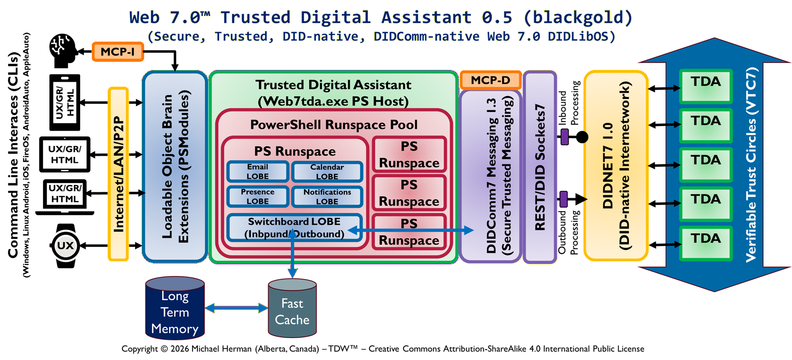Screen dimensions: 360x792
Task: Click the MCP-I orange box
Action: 118,52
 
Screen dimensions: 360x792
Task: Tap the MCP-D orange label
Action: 490,80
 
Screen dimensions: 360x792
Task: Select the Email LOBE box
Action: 257,172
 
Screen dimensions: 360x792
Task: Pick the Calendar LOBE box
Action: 327,172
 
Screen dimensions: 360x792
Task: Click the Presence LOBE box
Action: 257,197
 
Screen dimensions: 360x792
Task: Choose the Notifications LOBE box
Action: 327,197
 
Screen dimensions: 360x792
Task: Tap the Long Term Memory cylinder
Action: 175,309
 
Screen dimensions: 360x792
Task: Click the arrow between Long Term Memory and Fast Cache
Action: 236,308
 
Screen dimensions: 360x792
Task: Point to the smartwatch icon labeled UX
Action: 66,246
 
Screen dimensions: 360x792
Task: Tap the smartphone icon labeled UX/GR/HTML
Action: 65,103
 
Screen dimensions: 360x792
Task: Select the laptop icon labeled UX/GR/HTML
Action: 65,195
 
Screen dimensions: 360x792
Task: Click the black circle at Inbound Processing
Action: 582,137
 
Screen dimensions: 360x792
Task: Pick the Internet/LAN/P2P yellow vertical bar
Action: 118,174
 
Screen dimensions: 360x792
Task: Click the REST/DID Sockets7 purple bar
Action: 540,167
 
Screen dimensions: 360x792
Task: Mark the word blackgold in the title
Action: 578,18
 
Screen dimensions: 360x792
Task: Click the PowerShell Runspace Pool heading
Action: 333,125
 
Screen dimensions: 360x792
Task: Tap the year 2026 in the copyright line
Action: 180,349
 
